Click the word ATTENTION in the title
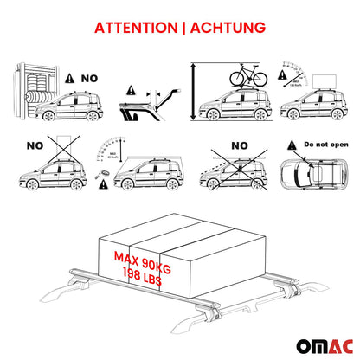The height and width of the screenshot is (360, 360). (135, 28)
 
